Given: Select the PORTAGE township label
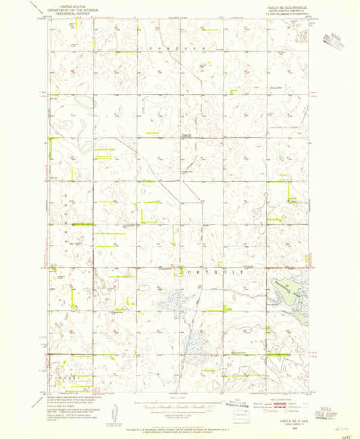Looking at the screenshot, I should click(x=180, y=50).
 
